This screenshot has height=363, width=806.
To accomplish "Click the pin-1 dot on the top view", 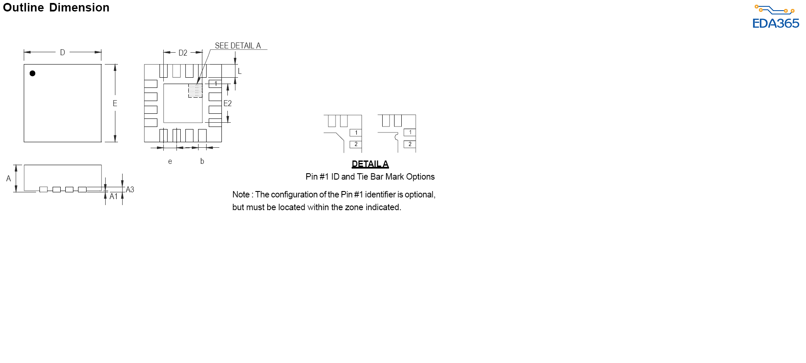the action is click(x=32, y=73).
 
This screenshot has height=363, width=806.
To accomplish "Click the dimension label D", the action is click(x=62, y=53).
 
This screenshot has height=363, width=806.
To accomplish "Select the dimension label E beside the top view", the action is click(x=115, y=103).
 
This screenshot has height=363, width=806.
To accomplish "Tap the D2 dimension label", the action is click(x=183, y=53).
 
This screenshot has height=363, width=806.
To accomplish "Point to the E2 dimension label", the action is click(x=228, y=103).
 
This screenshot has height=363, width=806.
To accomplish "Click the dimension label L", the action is click(x=240, y=71).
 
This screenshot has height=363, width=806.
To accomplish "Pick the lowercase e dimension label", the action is click(x=170, y=161).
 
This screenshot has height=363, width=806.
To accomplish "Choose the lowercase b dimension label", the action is click(x=202, y=161).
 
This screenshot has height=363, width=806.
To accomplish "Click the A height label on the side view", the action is click(x=8, y=179).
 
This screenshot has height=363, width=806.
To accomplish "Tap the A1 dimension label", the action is click(x=114, y=196).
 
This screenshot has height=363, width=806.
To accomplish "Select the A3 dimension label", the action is click(x=130, y=189).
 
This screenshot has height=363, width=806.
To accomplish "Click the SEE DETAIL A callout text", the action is click(x=238, y=45).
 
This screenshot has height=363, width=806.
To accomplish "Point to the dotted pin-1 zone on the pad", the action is click(x=195, y=90).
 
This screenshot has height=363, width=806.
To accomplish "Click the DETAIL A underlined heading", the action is click(x=370, y=164).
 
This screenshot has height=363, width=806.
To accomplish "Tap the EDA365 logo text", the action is click(x=776, y=23).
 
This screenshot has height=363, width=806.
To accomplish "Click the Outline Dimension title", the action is click(x=56, y=7).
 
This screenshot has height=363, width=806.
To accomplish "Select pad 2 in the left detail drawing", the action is click(x=355, y=144).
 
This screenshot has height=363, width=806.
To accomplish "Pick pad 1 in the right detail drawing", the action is click(x=410, y=132).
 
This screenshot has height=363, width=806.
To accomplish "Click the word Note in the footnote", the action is click(x=241, y=194).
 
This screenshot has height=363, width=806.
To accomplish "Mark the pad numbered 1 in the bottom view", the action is click(x=215, y=84).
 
